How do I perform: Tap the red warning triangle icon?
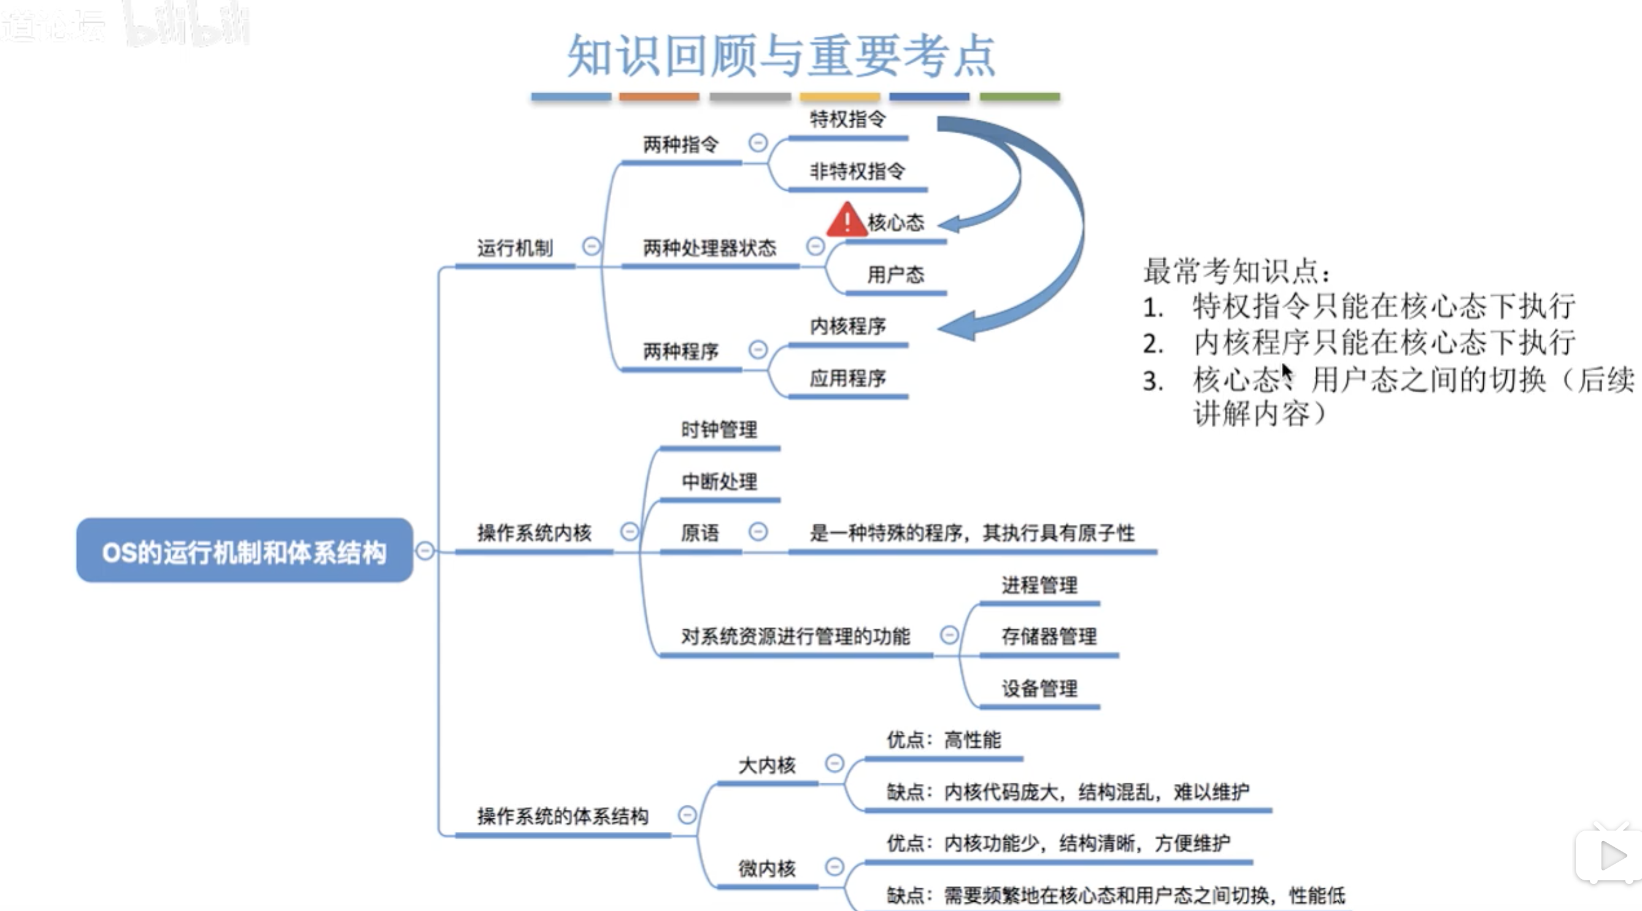click(846, 220)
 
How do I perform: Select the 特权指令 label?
click(847, 119)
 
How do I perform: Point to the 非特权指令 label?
click(857, 171)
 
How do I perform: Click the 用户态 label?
click(895, 275)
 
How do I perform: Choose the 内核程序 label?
click(847, 327)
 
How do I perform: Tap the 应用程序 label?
click(847, 378)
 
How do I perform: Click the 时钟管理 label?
click(719, 430)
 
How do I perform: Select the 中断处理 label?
click(719, 481)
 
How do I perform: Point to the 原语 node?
click(700, 533)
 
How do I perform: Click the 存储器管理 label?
click(1049, 636)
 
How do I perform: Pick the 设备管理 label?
click(1039, 689)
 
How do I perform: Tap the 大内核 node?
click(767, 765)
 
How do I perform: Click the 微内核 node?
click(767, 868)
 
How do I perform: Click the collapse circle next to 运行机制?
click(592, 246)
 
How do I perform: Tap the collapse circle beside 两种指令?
click(758, 143)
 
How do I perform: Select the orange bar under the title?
click(659, 97)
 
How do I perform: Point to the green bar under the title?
click(1019, 97)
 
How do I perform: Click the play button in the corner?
click(1611, 856)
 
